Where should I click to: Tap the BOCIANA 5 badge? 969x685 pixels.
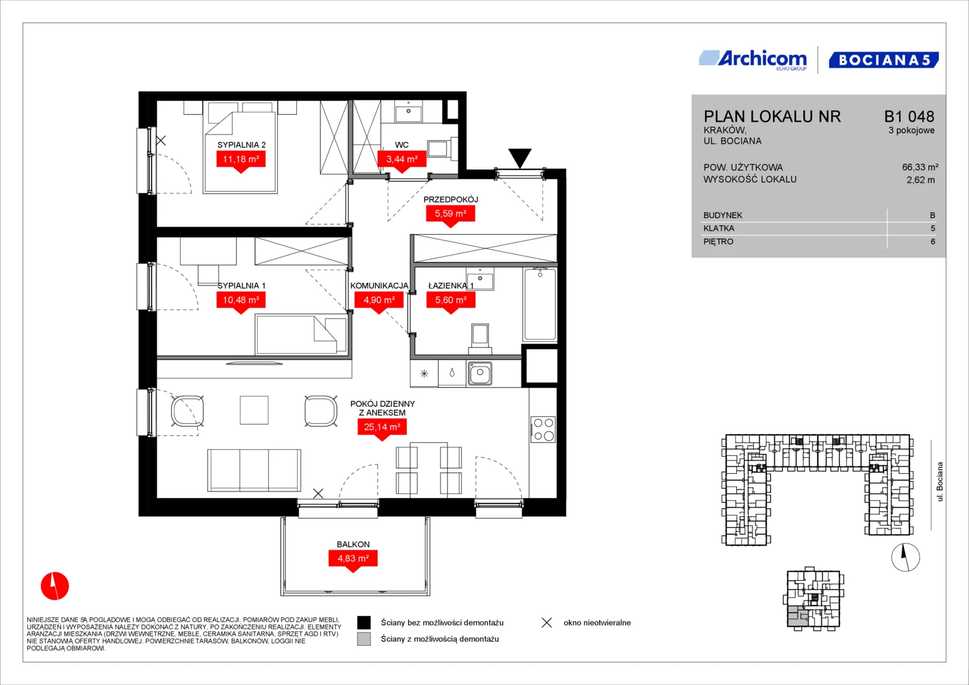884,60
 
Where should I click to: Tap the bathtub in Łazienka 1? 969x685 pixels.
540,305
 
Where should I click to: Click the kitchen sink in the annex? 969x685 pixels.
480,374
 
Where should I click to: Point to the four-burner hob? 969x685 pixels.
543,429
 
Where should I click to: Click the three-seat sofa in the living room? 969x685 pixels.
254,470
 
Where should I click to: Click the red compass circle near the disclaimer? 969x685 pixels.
55,586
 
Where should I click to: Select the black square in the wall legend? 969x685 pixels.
364,623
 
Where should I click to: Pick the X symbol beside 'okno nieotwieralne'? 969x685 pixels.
547,623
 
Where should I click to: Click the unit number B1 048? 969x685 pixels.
909,116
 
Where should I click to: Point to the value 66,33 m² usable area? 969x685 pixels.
920,167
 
